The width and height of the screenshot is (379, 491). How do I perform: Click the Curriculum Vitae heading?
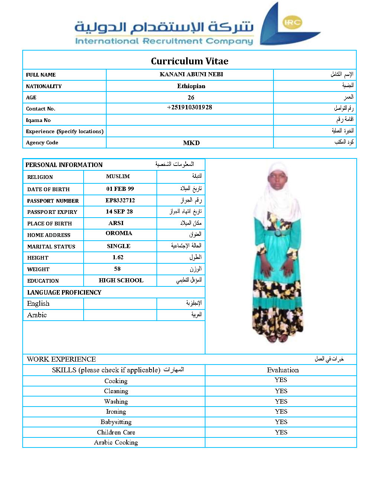coord(189,61)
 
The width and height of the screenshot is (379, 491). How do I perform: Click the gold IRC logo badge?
coord(292,22)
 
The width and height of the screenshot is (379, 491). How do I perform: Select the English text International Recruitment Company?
coord(164,41)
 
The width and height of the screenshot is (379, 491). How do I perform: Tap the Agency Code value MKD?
coord(191,143)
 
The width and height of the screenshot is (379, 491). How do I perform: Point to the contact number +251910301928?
coord(189,107)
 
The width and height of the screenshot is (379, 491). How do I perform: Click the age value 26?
coord(191,97)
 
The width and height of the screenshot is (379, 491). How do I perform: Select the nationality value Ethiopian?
coord(191,86)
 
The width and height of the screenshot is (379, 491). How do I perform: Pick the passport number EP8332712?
coord(120,200)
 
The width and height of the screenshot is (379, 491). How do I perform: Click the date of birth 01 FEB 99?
coord(120,189)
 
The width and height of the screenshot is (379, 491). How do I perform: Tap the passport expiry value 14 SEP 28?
coord(119,212)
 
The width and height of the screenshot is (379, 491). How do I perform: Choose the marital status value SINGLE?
coord(119,246)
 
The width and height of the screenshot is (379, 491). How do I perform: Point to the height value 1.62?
coord(118,257)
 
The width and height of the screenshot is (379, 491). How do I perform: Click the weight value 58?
coord(117,269)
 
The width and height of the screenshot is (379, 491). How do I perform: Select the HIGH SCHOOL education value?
coord(121,280)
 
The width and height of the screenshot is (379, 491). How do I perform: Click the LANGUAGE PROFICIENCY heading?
coord(64,292)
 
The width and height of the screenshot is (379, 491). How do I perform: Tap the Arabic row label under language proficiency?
coord(37,315)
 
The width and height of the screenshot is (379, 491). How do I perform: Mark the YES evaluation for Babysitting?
coord(281,422)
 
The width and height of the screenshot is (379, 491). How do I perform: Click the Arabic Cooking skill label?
coord(116,442)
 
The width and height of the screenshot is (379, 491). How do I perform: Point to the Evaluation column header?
coord(283,370)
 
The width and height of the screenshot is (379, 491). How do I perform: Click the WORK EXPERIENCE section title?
coord(61,359)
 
